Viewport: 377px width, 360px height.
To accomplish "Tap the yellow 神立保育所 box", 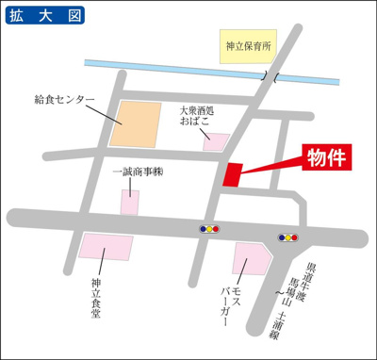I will [248, 44].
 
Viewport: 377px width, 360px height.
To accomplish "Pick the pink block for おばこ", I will [216, 142].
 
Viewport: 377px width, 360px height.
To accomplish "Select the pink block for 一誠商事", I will [129, 201].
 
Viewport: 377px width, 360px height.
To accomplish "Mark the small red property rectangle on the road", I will [233, 174].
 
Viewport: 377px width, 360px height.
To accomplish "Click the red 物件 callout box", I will [326, 157].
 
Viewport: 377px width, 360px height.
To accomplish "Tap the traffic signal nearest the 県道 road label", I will [288, 237].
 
